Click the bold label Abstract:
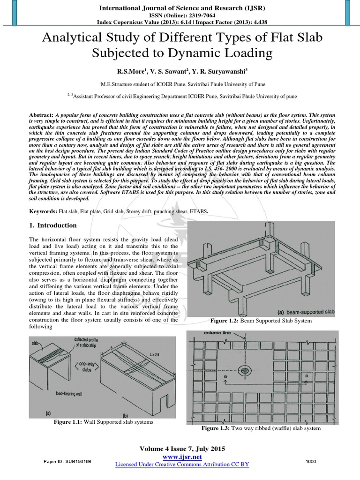pyautogui.click(x=41, y=115)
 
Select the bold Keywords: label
pyautogui.click(x=44, y=211)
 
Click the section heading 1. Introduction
pyautogui.click(x=53, y=225)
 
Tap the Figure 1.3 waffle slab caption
pyautogui.click(x=261, y=428)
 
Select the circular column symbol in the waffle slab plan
pyautogui.click(x=244, y=371)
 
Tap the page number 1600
pyautogui.click(x=311, y=462)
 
